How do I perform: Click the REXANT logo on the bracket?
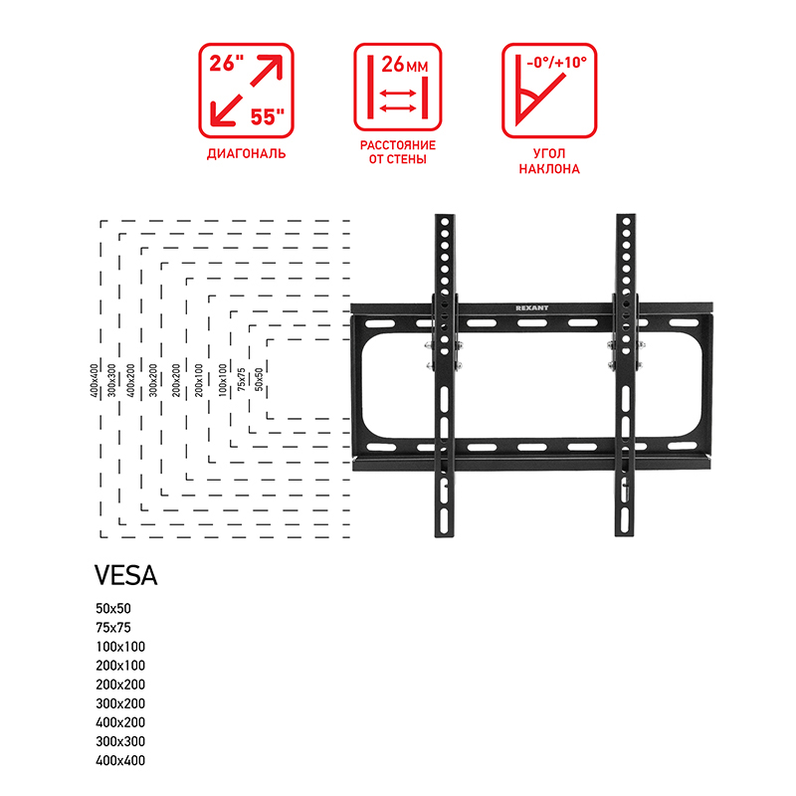point(531,307)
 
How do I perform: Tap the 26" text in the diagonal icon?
point(227,63)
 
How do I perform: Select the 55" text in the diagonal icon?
point(267,116)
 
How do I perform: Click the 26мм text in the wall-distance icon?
point(405,65)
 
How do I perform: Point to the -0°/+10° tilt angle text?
point(556,62)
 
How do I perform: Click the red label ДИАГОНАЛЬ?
point(246,153)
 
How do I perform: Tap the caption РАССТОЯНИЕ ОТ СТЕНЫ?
point(398,152)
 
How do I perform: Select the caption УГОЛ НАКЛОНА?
point(549,161)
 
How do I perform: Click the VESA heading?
point(126,575)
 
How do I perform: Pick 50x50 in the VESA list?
point(113,608)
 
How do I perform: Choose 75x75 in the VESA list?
point(113,628)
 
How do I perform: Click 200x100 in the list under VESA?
point(120,665)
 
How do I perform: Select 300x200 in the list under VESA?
point(120,703)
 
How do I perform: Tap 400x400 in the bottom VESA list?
point(120,760)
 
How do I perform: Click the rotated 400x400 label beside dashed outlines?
point(94,380)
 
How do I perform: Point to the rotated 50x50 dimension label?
point(259,379)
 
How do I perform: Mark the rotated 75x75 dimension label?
point(241,379)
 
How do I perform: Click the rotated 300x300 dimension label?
point(111,380)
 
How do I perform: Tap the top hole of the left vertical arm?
point(445,222)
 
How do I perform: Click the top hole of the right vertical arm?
point(626,222)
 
